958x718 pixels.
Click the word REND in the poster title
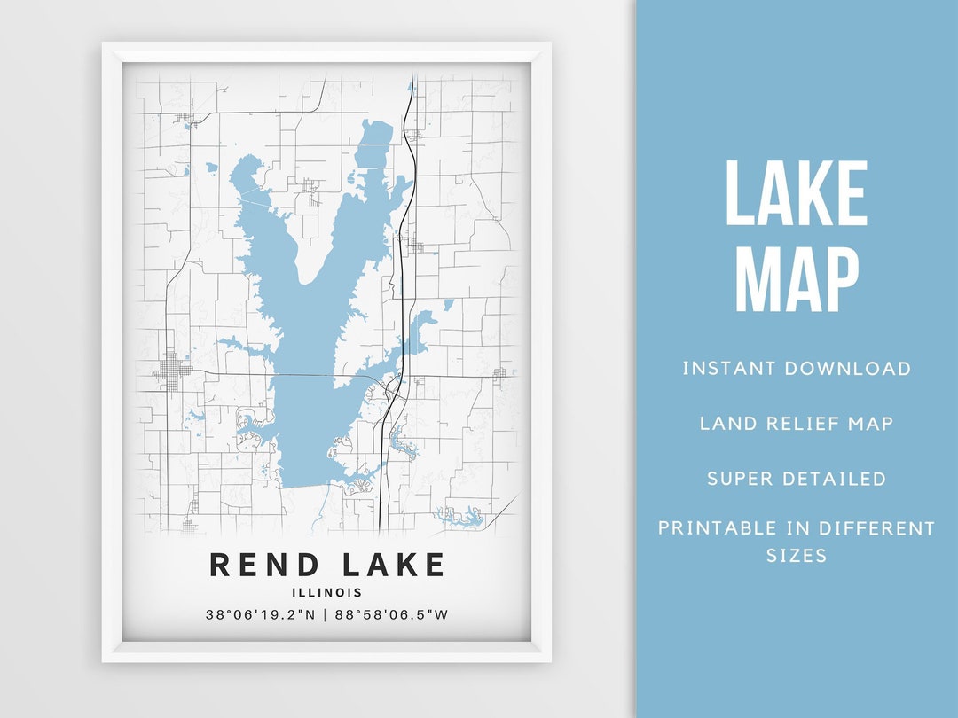pos(262,565)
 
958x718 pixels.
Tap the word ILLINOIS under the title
pos(326,593)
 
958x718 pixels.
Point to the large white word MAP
pos(796,279)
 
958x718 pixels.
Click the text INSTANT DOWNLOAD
pos(797,369)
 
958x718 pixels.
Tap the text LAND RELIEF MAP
pos(797,424)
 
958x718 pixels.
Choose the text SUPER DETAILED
pos(797,480)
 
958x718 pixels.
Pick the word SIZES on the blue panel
pos(797,556)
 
